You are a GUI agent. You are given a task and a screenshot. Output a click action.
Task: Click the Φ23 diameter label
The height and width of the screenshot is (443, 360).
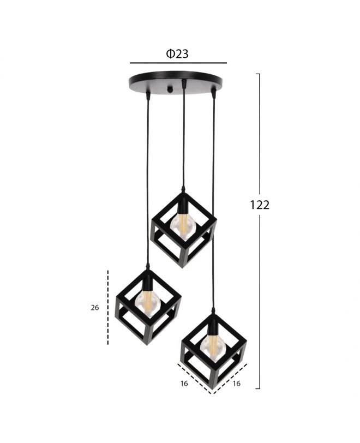click(177, 53)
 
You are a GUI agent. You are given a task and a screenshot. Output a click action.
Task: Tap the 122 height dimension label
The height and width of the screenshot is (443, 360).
click(260, 205)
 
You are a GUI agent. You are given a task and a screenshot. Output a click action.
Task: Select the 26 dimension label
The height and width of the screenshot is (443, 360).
click(95, 307)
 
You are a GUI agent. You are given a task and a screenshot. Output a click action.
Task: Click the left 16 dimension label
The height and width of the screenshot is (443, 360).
click(184, 384)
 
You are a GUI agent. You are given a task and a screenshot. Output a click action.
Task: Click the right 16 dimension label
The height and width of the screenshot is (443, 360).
click(236, 384)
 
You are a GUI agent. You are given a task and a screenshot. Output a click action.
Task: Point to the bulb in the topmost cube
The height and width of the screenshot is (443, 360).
click(183, 224)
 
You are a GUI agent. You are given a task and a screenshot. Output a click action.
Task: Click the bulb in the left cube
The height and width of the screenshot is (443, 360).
click(148, 302)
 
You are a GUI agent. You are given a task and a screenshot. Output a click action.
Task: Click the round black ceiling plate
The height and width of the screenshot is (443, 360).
click(175, 82)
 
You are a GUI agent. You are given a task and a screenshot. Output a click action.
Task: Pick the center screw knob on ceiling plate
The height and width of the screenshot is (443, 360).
click(170, 89)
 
